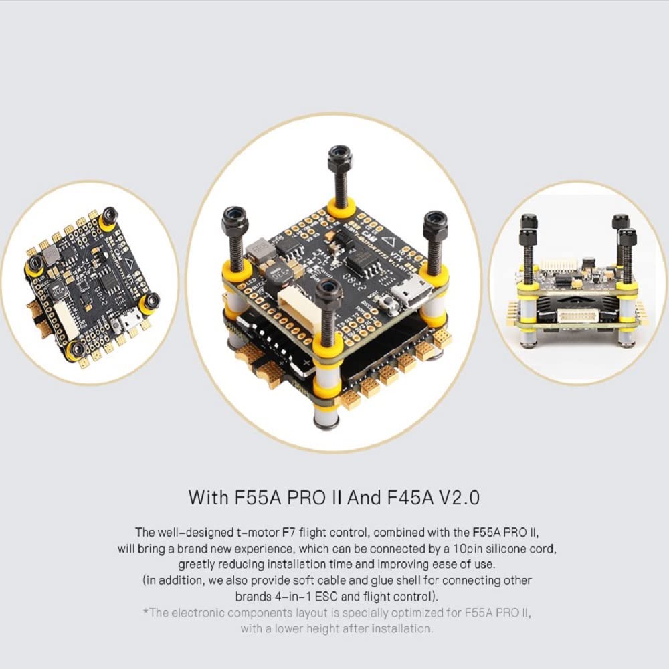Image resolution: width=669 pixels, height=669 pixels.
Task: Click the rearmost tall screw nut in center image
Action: coord(341,159)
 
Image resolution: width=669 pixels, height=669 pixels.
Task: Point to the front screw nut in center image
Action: coord(328,292)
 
